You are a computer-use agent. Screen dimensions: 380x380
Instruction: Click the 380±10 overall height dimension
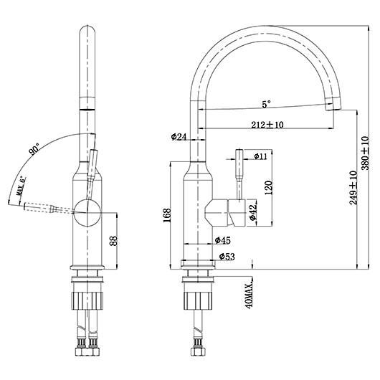[x=365, y=153]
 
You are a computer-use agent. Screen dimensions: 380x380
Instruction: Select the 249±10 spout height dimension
[x=353, y=188]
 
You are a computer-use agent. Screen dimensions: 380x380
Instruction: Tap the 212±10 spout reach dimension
[x=267, y=125]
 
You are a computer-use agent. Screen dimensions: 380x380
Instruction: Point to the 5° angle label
[x=266, y=105]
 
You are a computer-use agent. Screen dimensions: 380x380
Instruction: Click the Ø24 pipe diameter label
[x=179, y=137]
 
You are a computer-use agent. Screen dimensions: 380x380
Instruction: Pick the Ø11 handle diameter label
[x=260, y=156]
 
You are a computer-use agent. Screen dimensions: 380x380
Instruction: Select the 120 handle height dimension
[x=269, y=188]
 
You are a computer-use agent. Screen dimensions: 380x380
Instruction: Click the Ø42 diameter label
[x=252, y=212]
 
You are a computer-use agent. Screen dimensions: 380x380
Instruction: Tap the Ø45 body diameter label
[x=223, y=240]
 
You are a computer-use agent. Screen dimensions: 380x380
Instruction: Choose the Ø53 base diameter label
[x=227, y=257]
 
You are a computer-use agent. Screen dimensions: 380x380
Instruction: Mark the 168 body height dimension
[x=167, y=215]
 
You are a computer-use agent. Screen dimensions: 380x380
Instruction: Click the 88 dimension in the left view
[x=113, y=241]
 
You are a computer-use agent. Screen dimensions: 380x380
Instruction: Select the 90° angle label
[x=34, y=149]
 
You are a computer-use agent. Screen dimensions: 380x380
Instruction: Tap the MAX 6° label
[x=21, y=186]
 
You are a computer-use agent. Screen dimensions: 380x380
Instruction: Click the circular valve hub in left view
[x=87, y=212]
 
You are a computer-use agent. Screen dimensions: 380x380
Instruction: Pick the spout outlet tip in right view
[x=333, y=104]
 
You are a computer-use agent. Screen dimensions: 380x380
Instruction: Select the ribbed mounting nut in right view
[x=198, y=300]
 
